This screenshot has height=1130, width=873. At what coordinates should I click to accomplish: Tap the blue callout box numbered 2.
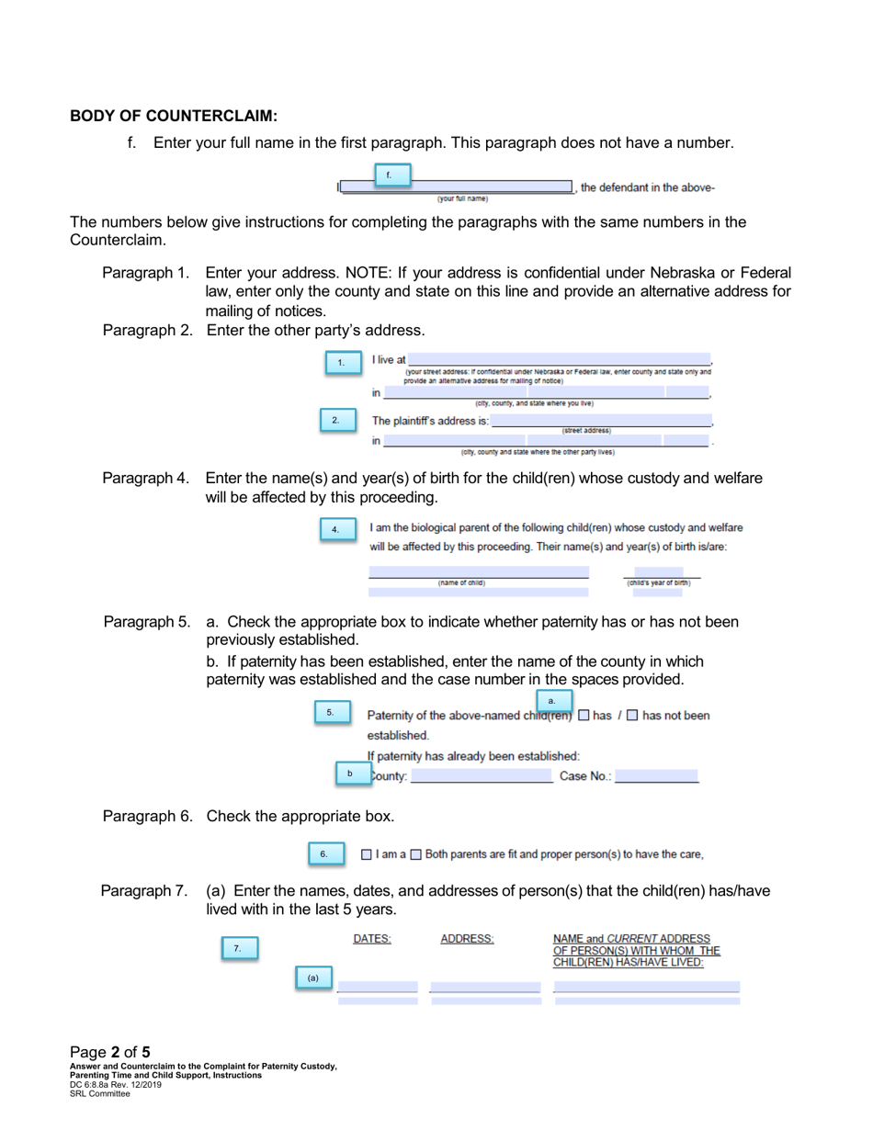[335, 421]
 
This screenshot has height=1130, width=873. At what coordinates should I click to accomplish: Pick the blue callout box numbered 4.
[336, 529]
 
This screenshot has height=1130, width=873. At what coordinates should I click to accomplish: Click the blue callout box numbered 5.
[332, 712]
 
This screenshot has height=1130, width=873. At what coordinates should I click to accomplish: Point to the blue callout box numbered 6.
[325, 854]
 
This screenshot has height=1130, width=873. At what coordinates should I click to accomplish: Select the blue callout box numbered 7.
[239, 948]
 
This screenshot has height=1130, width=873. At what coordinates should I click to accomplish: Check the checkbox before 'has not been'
[632, 716]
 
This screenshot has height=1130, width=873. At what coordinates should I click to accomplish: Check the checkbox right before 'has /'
[584, 716]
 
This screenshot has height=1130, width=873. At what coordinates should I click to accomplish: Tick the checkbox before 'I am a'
[367, 855]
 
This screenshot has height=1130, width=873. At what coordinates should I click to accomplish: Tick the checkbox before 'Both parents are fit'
[415, 855]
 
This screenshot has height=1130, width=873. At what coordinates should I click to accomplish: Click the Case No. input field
[656, 777]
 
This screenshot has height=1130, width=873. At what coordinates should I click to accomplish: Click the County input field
[482, 777]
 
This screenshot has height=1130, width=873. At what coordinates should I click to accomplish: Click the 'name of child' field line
[478, 572]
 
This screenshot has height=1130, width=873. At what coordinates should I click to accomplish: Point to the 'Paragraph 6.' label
[147, 816]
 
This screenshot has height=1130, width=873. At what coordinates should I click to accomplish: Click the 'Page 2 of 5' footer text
[110, 1052]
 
